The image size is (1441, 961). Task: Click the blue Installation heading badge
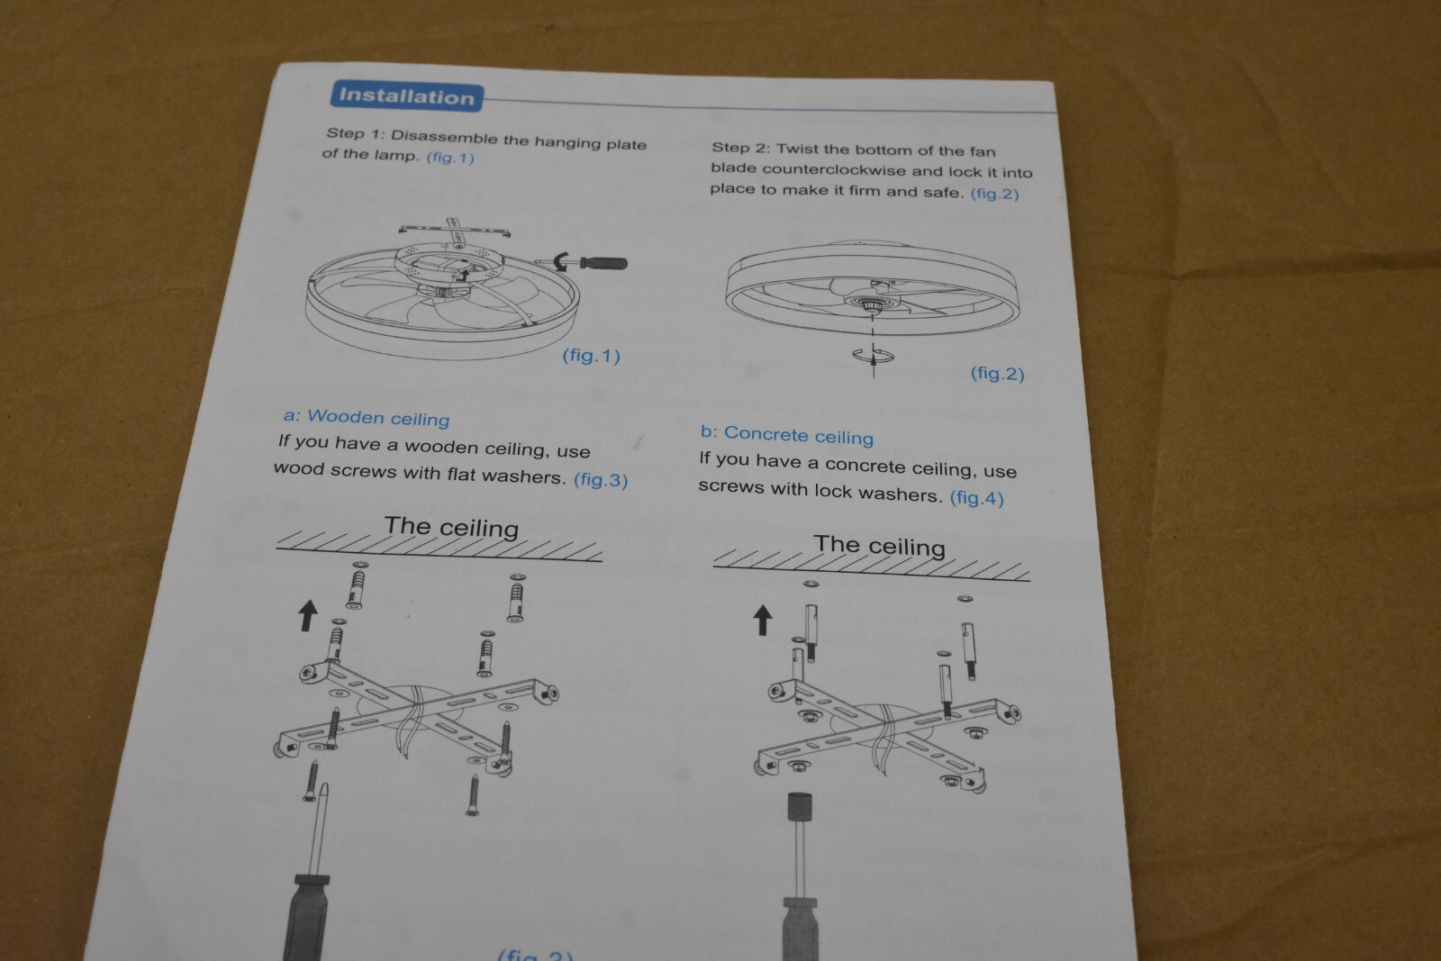coord(406,97)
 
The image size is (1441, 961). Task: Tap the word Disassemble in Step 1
coord(444,138)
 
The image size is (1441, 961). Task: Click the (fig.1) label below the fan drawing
coord(591,356)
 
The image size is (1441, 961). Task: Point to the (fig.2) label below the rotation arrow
coord(997,374)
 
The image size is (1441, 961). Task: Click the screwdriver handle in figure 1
coord(603,262)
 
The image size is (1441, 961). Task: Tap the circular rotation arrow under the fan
coord(873,356)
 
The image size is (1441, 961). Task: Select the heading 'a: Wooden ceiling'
coord(366,418)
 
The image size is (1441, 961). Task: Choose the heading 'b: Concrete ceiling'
coord(787,436)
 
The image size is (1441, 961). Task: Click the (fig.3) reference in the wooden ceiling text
coord(600,480)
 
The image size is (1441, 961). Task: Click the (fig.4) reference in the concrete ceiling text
coord(976,498)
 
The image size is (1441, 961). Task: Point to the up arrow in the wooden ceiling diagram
coord(308,615)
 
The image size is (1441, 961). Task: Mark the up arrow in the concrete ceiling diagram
coord(762,620)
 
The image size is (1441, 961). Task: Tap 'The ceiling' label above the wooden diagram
coord(451,528)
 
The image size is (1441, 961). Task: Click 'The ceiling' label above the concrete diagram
coord(879,546)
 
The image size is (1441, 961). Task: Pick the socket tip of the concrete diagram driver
coord(800,807)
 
